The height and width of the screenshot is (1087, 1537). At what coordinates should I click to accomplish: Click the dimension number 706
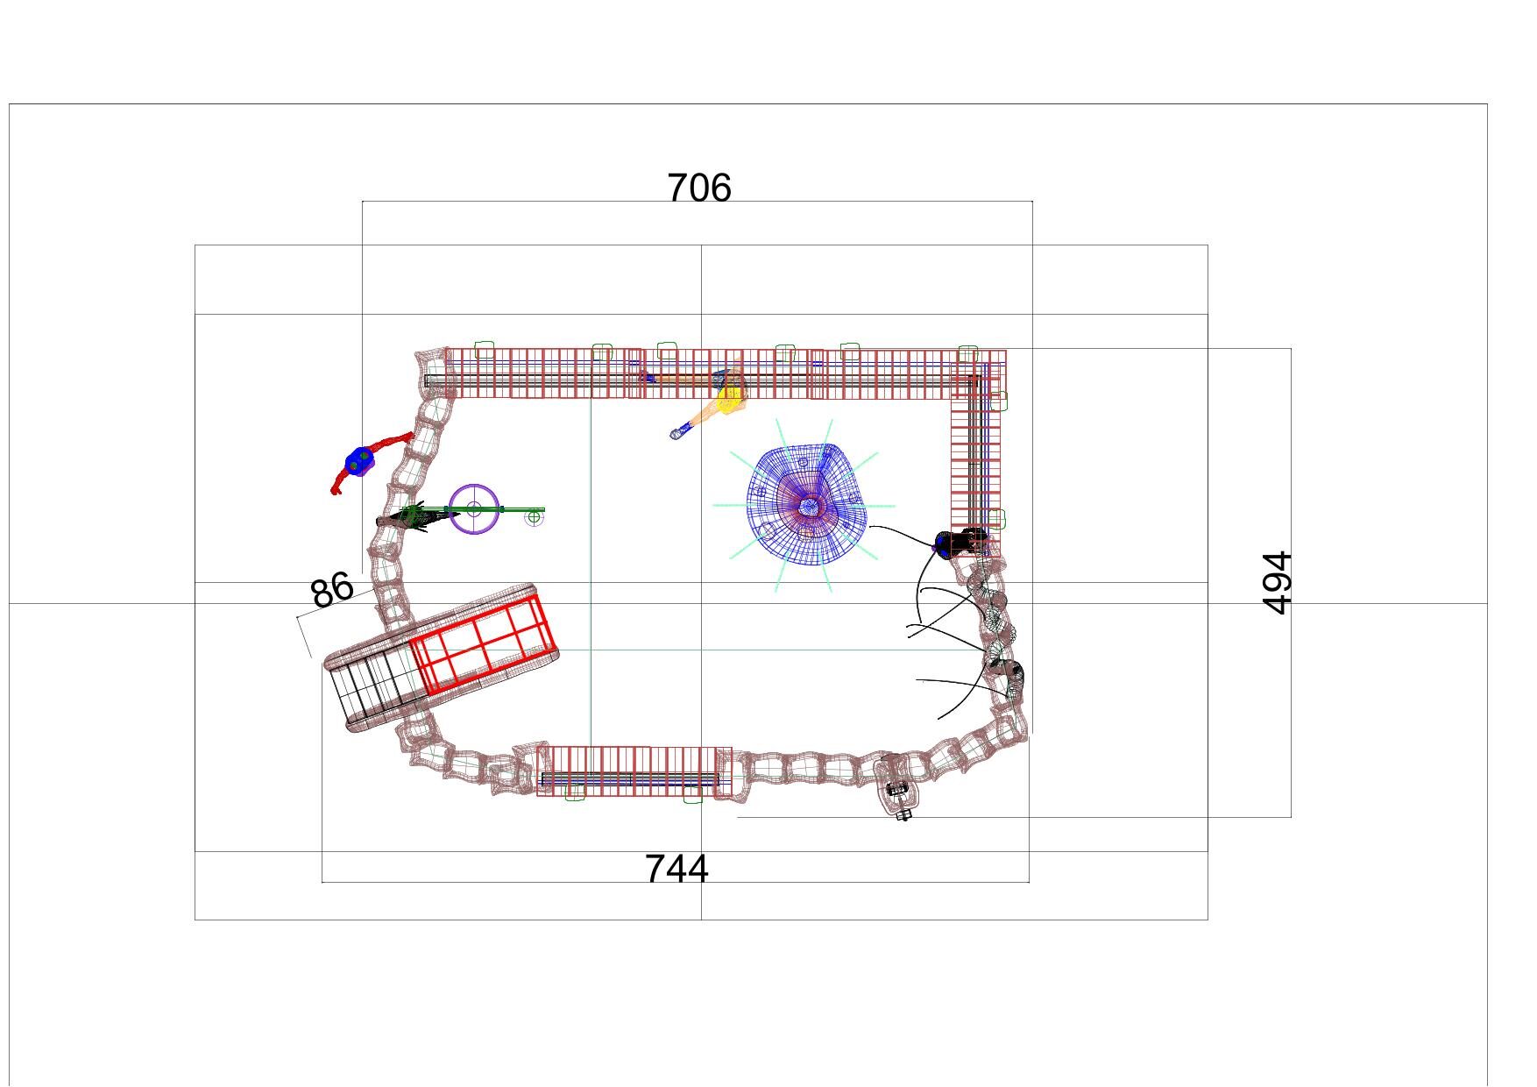pyautogui.click(x=699, y=188)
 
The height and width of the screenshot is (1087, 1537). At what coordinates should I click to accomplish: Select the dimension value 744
pyautogui.click(x=676, y=869)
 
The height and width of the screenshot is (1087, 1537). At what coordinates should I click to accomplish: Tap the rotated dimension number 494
pyautogui.click(x=1278, y=583)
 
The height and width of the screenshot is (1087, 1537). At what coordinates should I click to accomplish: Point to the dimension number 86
pyautogui.click(x=332, y=590)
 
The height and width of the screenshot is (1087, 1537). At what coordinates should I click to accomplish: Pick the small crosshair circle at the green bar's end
pyautogui.click(x=534, y=517)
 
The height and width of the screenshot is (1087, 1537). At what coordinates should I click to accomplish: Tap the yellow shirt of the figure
pyautogui.click(x=728, y=401)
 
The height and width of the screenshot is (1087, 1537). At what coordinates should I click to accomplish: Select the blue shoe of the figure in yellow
pyautogui.click(x=677, y=433)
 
